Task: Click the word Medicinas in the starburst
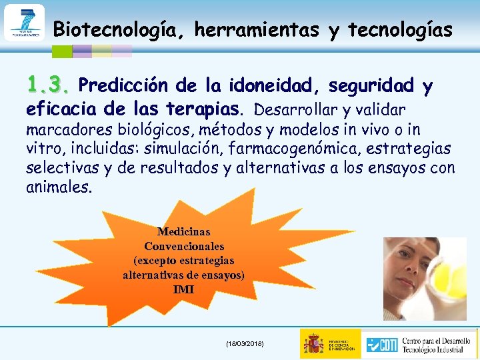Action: (x=183, y=232)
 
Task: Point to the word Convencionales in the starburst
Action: (x=183, y=246)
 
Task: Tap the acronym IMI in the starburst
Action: (x=183, y=289)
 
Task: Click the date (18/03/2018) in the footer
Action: (x=245, y=343)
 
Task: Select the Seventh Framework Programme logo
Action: (x=24, y=22)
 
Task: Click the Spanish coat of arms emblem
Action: (x=313, y=343)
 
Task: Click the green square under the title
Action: (x=62, y=51)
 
